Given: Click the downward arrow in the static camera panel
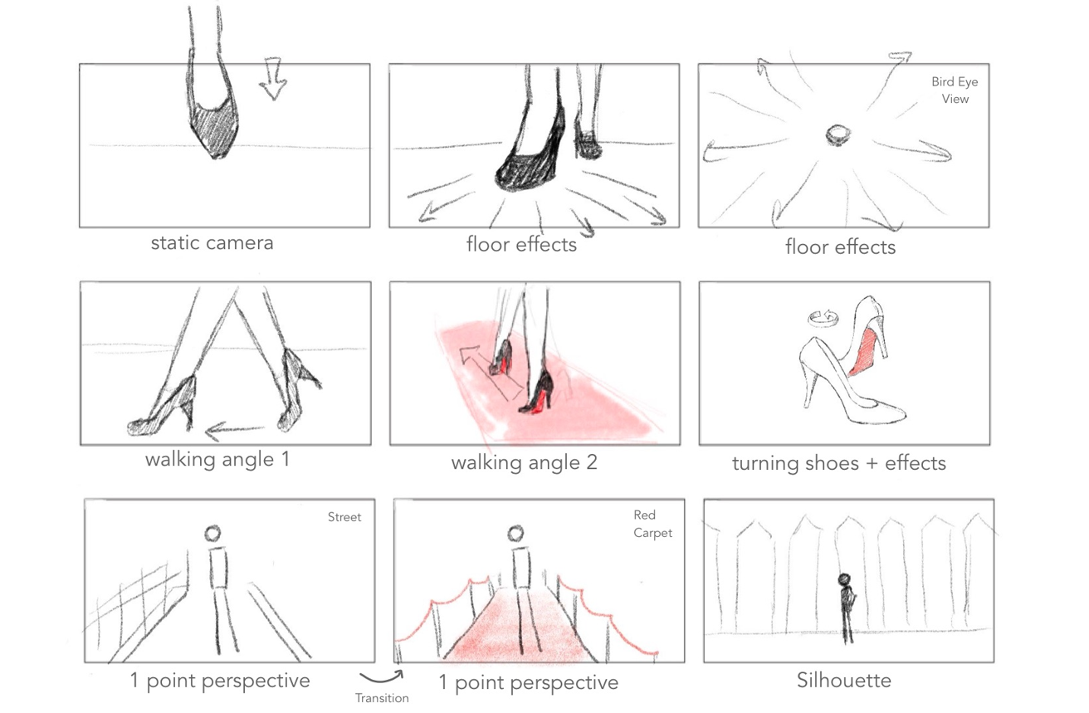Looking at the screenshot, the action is click(273, 79).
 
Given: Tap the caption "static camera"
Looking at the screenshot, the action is click(212, 243).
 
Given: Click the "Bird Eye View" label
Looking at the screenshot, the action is click(955, 90).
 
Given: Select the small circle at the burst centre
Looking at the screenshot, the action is click(838, 134).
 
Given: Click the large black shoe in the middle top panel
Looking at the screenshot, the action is click(530, 155).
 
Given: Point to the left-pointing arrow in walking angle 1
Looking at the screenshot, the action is click(235, 430).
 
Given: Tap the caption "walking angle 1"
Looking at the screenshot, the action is click(217, 460).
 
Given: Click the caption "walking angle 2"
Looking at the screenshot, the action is click(524, 462).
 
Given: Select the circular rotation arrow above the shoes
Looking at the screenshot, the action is click(823, 319).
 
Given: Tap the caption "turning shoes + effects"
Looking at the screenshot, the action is click(839, 463).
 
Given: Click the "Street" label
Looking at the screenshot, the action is click(344, 517).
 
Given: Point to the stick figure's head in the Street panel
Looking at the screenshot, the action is click(213, 534).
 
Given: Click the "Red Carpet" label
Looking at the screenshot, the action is click(652, 524).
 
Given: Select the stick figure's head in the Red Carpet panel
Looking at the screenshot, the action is click(515, 534).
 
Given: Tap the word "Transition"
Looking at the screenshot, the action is click(382, 698).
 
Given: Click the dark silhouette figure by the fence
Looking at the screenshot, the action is click(847, 608).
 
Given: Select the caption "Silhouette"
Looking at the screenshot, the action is click(844, 681).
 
